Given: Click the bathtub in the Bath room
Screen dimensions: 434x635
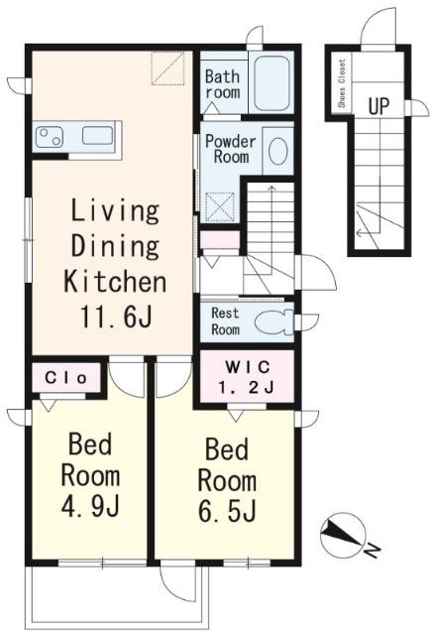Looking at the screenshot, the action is (271, 83).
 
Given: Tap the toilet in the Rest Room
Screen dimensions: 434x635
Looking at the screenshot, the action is (273, 322).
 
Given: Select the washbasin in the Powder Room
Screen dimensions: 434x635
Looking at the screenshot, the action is (278, 151).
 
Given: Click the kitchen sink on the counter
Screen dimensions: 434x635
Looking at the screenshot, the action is (97, 135).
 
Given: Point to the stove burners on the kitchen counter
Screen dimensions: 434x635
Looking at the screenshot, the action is (50, 137).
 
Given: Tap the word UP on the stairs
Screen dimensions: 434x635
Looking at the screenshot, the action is (379, 106).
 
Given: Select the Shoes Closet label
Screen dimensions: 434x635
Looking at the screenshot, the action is (342, 83).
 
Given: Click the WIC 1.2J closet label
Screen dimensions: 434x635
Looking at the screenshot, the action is (247, 377).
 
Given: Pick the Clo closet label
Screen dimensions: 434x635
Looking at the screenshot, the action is (66, 378).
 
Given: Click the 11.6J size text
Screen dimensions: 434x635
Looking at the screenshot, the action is (117, 317).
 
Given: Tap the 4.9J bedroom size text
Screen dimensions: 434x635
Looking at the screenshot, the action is (90, 506).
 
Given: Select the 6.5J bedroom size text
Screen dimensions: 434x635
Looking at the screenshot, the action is (227, 511).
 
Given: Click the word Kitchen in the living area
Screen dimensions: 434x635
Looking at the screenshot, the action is (115, 281).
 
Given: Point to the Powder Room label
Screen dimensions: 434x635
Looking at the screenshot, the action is (231, 149).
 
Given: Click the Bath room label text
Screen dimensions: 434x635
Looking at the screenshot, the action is (223, 83).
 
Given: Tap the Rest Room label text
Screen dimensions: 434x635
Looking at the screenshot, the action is (226, 320).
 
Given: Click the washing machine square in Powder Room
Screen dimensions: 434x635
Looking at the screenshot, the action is (220, 207).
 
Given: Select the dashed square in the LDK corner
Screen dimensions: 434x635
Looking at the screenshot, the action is (167, 68).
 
